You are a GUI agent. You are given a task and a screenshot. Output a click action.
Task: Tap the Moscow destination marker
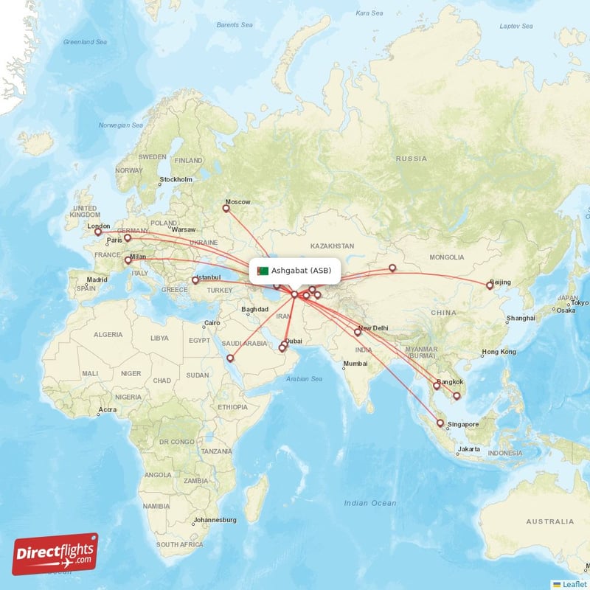point(226,208)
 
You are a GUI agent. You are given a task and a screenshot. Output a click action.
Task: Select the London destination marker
point(97,232)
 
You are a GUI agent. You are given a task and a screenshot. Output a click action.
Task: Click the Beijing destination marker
point(489,285)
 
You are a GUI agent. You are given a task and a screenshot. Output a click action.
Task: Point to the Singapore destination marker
point(440,423)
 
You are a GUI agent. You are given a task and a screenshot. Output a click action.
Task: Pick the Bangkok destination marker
point(437,385)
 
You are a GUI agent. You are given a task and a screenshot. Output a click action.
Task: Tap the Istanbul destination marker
point(195,280)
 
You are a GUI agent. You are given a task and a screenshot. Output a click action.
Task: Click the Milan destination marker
point(128,260)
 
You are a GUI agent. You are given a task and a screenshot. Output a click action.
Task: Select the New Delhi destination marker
point(358,332)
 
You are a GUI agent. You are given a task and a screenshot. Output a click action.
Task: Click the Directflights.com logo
point(55,554)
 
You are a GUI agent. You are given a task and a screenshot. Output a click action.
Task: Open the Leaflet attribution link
point(573,583)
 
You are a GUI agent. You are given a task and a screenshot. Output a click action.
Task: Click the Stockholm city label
point(176,179)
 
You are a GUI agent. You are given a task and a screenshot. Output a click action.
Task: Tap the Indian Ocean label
point(369,503)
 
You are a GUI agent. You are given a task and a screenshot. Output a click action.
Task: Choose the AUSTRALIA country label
point(549,521)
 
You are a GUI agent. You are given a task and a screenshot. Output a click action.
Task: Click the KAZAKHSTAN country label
point(332,246)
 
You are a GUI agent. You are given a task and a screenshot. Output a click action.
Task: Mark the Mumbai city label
point(355,364)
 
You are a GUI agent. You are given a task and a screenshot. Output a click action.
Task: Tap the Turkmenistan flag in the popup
point(262,271)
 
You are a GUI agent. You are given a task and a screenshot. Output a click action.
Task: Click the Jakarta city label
point(469,449)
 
